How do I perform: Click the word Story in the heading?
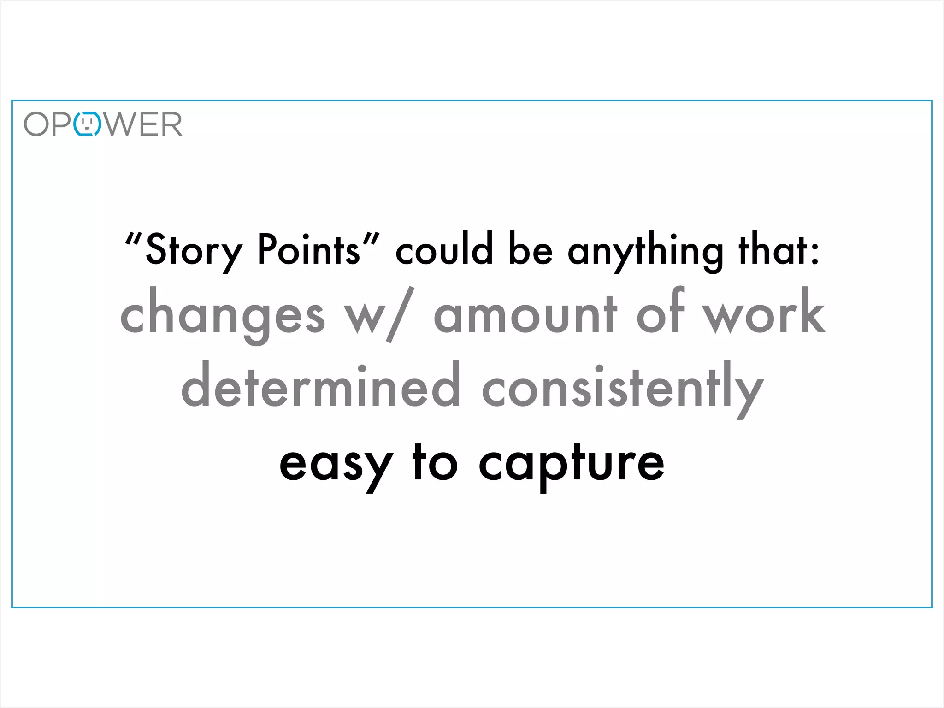click(x=194, y=251)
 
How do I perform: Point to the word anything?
click(x=645, y=251)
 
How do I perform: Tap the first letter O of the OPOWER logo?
click(x=36, y=124)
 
